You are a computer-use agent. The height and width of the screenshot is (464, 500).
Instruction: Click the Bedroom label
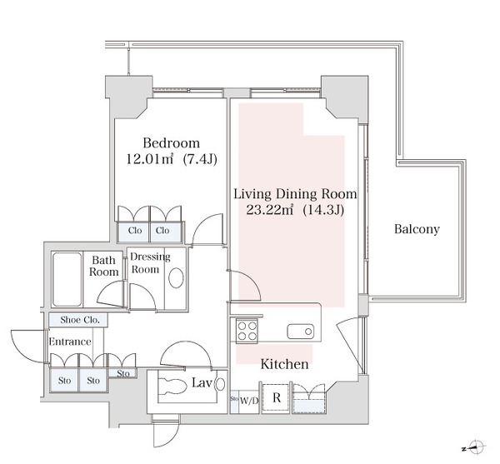tap(171, 143)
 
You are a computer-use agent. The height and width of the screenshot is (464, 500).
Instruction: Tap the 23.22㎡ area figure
tap(270, 210)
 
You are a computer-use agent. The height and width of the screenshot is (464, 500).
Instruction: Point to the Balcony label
tap(417, 229)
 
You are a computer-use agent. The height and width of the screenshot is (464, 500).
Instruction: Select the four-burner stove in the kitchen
tap(247, 331)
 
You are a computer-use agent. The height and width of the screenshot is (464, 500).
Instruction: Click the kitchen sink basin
tap(300, 332)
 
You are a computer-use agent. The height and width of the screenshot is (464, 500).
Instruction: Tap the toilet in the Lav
tap(172, 386)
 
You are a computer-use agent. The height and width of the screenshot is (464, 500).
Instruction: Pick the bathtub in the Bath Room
tap(67, 279)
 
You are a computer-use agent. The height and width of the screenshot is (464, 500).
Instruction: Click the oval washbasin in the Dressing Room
tap(176, 278)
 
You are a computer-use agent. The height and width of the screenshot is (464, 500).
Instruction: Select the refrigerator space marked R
tap(277, 398)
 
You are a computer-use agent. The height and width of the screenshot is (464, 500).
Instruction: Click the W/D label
tap(248, 401)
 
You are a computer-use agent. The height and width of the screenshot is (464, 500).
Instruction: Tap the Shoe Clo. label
tap(80, 320)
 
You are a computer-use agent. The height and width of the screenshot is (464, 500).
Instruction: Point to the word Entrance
tap(70, 342)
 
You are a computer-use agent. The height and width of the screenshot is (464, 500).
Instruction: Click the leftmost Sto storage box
tap(64, 380)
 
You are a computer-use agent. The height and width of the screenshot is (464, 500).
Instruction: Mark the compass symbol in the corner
tap(476, 447)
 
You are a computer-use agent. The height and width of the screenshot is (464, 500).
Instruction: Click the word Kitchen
tap(284, 364)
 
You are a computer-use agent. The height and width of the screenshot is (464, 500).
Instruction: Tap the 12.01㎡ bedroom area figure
tap(150, 159)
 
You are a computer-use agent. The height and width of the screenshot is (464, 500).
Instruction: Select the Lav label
tap(202, 382)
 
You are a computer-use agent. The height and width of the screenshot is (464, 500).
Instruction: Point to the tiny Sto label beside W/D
tap(234, 399)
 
